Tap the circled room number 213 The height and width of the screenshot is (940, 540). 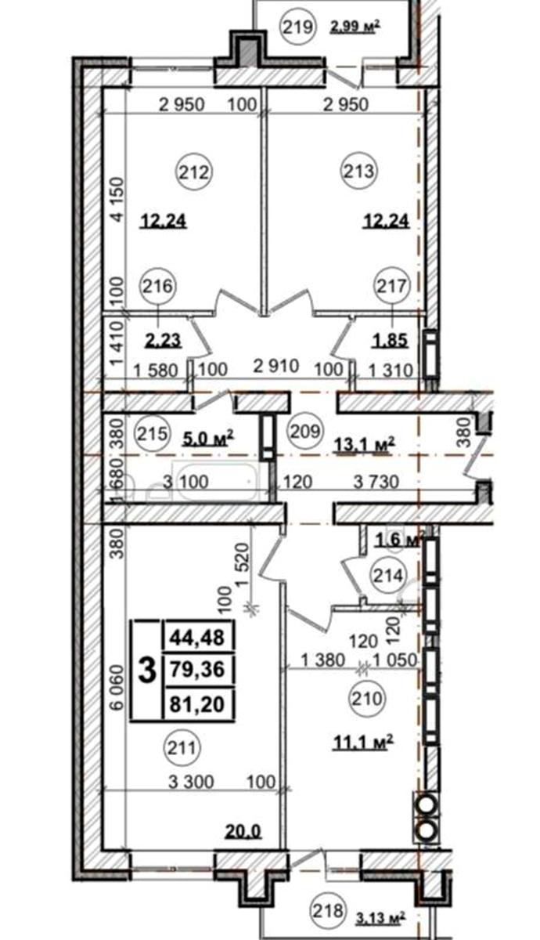360,172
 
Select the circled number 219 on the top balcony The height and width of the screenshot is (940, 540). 297,27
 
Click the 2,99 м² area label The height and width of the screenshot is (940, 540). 355,27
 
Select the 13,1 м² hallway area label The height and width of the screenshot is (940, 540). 365,443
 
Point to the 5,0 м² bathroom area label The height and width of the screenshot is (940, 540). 208,439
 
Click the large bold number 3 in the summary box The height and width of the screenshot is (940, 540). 147,671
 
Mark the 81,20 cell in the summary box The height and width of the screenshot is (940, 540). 197,704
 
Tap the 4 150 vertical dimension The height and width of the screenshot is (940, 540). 118,200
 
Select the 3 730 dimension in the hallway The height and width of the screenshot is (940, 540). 376,483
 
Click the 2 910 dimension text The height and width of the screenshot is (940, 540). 275,366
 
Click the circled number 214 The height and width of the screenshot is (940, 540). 388,576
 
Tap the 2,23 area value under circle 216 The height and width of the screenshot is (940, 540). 163,340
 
